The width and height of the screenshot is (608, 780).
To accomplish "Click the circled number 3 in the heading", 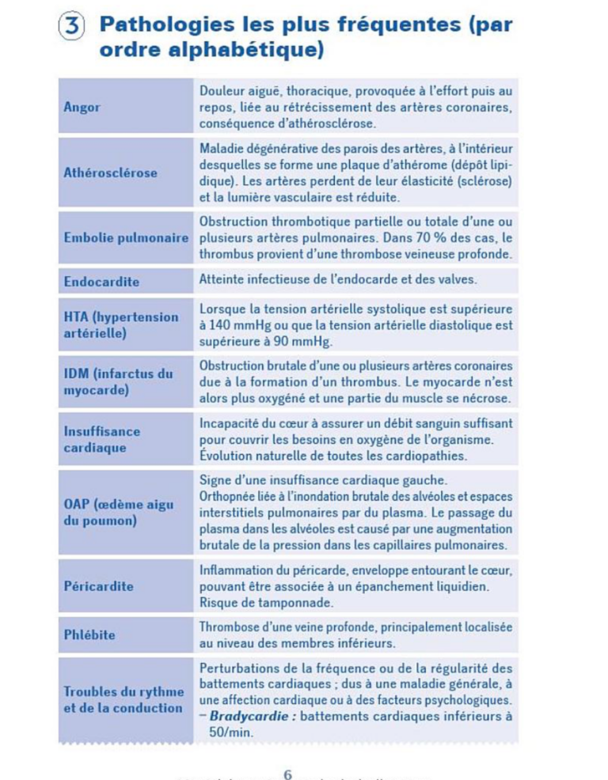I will [72, 25].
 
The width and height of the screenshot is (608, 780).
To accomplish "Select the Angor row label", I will [82, 107].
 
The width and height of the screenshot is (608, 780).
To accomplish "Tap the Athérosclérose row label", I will [110, 172].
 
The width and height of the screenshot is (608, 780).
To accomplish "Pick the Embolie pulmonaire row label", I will [126, 238].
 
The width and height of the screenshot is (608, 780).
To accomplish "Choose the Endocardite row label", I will [101, 282].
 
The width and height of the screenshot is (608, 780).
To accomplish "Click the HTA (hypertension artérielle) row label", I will [120, 325].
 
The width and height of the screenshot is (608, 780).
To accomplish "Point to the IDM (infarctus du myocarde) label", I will [118, 382].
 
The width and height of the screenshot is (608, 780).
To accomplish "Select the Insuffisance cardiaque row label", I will [102, 439].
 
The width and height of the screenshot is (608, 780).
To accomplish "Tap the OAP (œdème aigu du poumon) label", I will [118, 513].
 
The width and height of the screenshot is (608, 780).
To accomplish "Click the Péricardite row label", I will [98, 586].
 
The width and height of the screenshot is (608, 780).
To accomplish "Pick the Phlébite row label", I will [89, 634].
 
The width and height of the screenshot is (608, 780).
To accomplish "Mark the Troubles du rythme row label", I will [123, 699].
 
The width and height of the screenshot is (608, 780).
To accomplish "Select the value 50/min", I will [230, 733].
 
